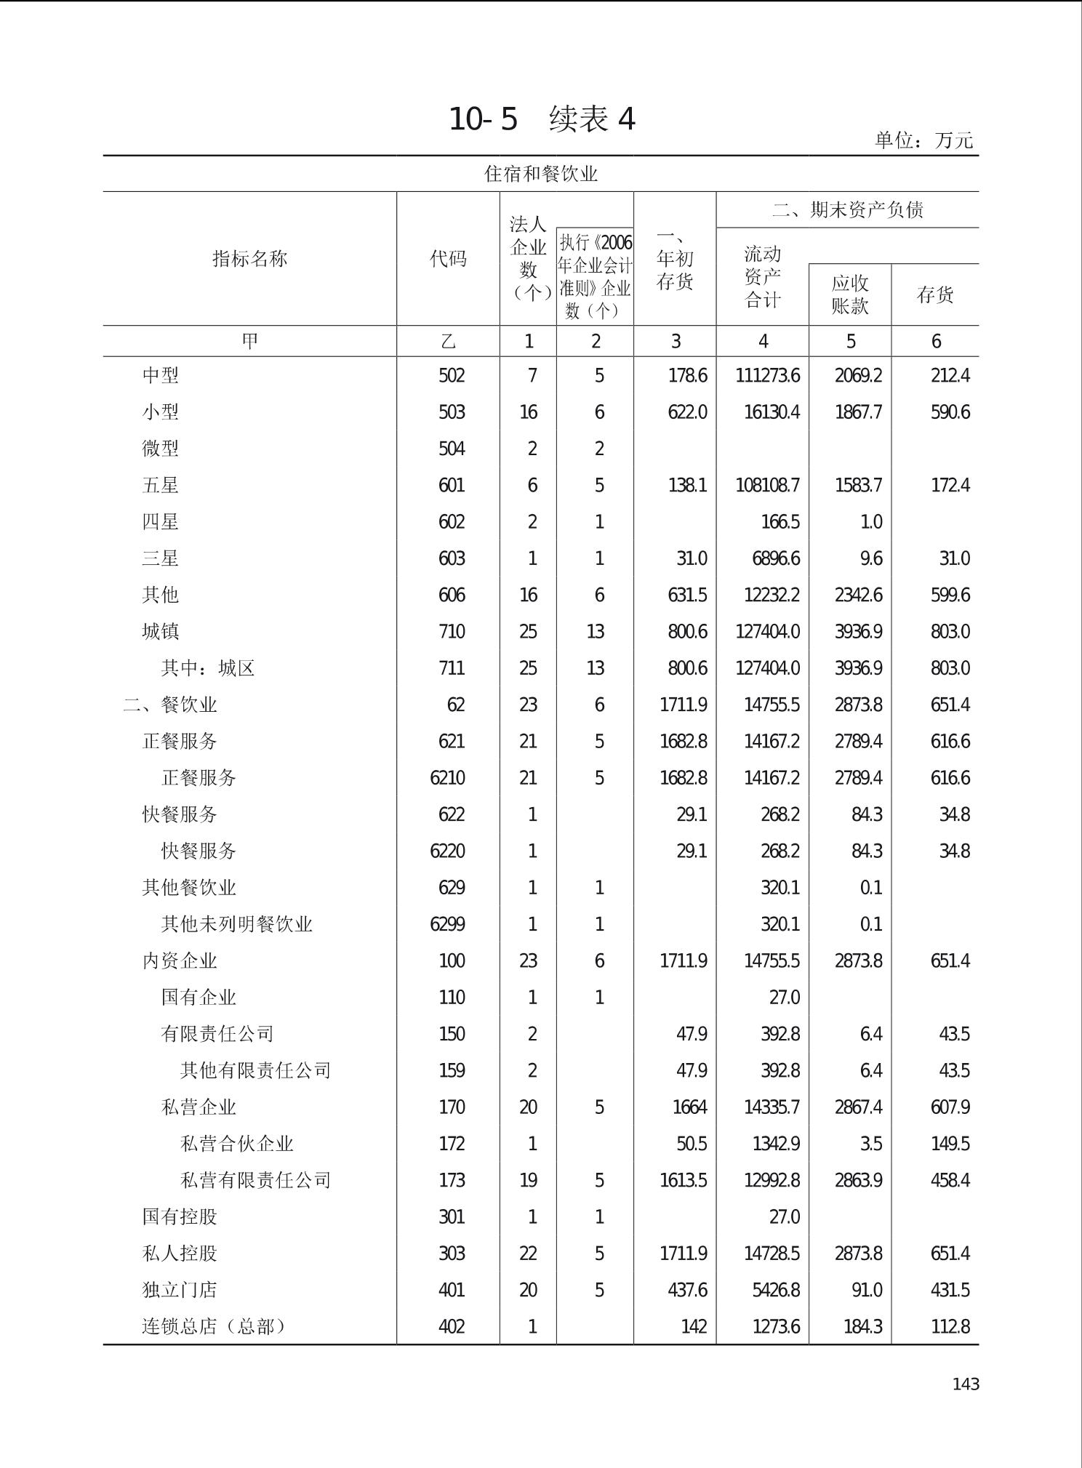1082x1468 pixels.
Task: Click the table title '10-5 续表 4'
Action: [542, 119]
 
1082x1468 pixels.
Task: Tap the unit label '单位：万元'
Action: [923, 140]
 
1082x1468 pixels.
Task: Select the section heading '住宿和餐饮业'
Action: [541, 174]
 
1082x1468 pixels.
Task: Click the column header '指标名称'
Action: [249, 258]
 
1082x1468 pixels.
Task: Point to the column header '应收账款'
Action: [850, 294]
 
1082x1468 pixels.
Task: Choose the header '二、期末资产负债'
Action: [847, 210]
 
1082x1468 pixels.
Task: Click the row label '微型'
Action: [160, 449]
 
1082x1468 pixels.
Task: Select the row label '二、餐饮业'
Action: [170, 705]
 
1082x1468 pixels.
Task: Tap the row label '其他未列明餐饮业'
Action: [236, 924]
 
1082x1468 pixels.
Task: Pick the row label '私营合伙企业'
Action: [236, 1144]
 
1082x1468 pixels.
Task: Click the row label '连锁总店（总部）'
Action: [214, 1326]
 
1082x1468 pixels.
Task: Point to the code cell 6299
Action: [447, 924]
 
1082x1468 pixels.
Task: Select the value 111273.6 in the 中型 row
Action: [767, 376]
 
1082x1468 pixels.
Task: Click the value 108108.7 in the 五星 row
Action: [767, 485]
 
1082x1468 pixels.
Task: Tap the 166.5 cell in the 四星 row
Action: [780, 522]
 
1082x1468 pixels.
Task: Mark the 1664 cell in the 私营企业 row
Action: [689, 1107]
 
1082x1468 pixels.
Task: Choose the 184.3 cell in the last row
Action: [862, 1326]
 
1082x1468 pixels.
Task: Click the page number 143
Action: [966, 1384]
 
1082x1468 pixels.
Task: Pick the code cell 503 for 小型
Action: [451, 412]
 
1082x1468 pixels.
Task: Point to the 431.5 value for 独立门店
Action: [950, 1290]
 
